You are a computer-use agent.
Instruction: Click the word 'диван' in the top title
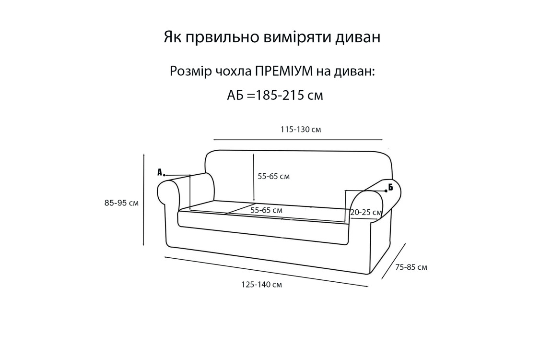coord(357,37)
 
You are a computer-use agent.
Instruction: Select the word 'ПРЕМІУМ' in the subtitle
coord(284,72)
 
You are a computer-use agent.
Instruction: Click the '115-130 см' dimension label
coord(301,130)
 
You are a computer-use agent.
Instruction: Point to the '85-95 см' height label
coord(121,203)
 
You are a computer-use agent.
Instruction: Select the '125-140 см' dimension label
coord(262,285)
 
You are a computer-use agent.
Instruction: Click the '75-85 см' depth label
coord(411,267)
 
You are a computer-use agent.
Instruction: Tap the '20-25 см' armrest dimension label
coord(366,213)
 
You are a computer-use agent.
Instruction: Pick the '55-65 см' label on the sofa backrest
coord(274,177)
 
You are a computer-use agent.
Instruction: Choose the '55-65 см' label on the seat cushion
coord(267,210)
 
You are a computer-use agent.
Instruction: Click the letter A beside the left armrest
coord(160,172)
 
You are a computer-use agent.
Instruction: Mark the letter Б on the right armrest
coord(390,187)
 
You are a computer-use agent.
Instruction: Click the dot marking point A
coord(164,175)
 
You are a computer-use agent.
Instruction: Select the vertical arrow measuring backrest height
coord(254,178)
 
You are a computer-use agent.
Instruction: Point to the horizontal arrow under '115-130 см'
coord(298,140)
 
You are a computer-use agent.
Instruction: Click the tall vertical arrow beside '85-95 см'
coord(144,200)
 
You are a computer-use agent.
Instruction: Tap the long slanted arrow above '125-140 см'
coord(266,271)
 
